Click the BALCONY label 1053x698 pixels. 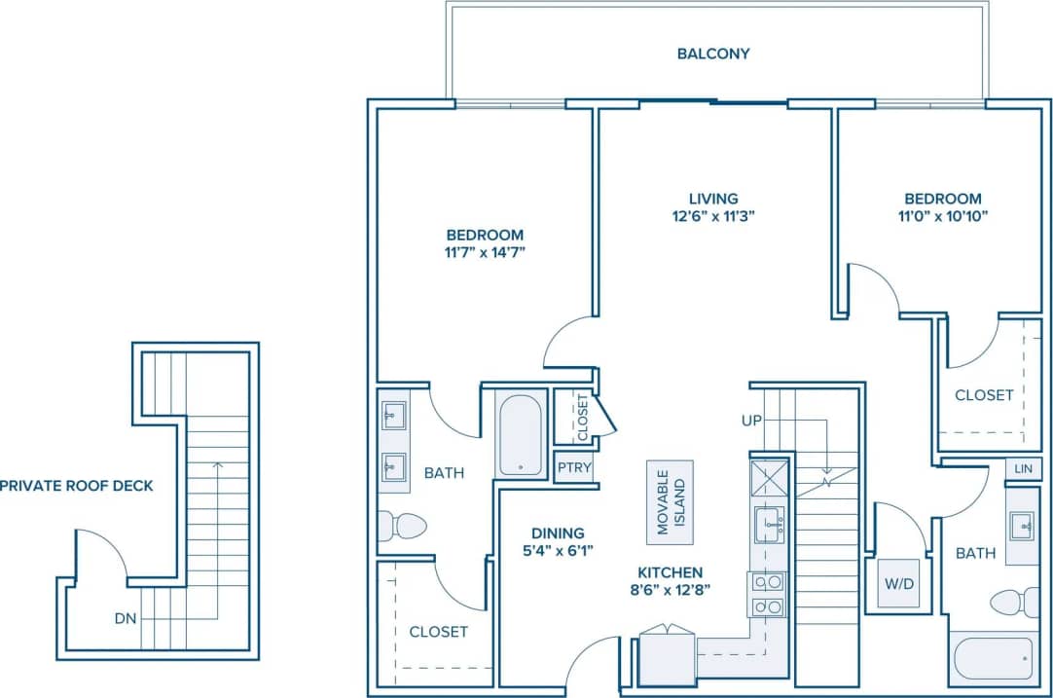point(713,54)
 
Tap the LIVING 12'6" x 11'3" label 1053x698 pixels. point(713,207)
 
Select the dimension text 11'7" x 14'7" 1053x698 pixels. point(485,252)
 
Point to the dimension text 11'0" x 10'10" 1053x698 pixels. point(940,216)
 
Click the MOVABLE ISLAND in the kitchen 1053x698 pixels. point(670,502)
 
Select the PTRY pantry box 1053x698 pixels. point(574,468)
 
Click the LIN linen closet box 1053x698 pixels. point(1022,468)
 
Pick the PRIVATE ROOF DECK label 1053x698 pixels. point(77,485)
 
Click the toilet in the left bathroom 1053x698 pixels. point(403,526)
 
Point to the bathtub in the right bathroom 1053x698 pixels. point(994,659)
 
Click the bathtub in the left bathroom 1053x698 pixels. point(521,433)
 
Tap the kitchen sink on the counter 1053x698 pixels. point(769,524)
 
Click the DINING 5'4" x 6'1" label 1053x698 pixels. point(558,541)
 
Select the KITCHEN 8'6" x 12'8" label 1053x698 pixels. point(670,581)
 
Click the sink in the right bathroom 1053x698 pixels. point(1023,527)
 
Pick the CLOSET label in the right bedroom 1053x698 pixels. point(984,395)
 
